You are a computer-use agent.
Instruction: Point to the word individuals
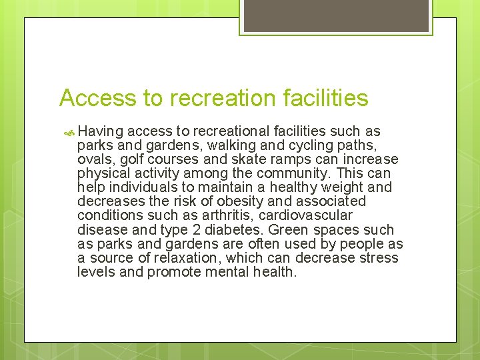(139, 187)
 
